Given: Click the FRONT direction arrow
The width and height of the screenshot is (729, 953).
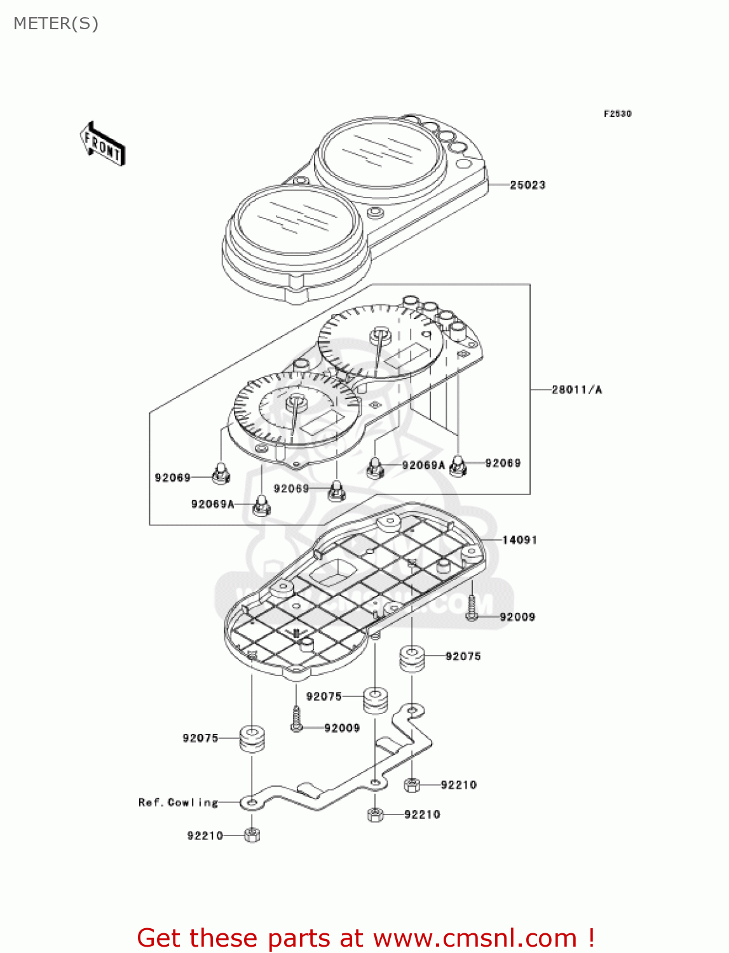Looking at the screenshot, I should point(102,144).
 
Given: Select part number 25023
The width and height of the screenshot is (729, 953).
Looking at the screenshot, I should point(528,185).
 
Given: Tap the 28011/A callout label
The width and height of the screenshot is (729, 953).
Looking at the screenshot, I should point(576,389).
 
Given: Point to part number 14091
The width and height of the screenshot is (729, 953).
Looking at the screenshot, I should point(519,540).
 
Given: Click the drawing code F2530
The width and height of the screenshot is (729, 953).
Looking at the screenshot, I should point(617,114).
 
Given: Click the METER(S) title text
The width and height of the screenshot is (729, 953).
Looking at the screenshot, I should point(56,24).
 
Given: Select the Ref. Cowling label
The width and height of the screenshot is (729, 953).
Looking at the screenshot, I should point(178,802).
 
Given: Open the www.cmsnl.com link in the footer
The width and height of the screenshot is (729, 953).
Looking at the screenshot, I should point(475,938).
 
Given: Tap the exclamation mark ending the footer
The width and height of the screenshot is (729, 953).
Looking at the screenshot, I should point(591,938).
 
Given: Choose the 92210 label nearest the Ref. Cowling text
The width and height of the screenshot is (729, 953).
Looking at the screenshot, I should point(205,835).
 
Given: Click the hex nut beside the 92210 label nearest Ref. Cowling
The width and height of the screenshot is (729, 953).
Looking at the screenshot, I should point(252,835).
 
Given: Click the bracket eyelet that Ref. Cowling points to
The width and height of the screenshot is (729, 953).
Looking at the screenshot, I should point(251,804).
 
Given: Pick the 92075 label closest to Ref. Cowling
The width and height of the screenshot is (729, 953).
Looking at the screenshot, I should point(200,738).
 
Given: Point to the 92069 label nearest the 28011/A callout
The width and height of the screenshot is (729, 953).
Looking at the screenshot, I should point(503,463).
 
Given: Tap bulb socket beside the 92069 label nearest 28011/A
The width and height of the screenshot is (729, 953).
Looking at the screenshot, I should point(458,466).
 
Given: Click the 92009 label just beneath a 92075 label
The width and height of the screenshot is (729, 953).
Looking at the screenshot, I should point(342,728).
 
